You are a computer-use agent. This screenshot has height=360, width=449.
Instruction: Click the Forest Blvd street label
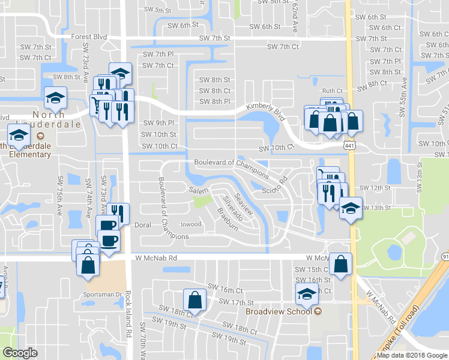pos(88,37)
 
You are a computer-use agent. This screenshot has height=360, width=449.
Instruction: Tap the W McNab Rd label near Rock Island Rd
pos(157,257)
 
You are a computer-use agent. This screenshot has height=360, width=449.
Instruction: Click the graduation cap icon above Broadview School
pos(306,293)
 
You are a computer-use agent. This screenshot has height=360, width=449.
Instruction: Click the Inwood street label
pos(191,224)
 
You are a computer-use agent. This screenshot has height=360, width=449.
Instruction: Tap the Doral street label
pos(142,226)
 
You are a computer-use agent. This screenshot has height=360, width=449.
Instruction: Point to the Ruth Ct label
pos(331,91)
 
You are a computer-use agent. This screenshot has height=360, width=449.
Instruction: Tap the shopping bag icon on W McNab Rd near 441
pos(340,264)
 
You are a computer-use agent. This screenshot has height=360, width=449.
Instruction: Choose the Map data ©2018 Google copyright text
pos(412,355)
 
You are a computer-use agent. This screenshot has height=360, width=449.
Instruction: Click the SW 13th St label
pos(376,208)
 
